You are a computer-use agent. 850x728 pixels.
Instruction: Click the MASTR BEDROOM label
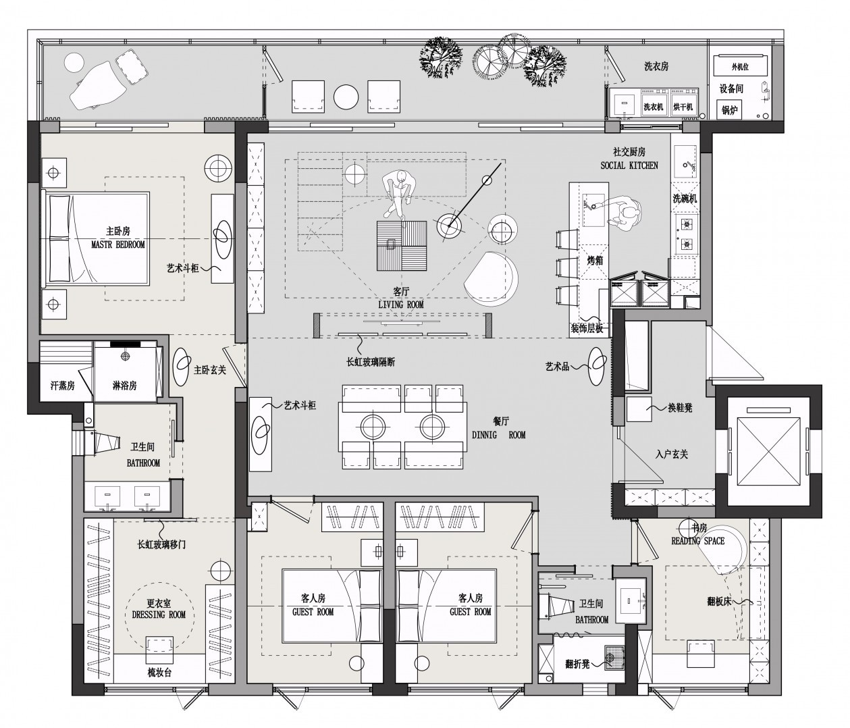(118, 244)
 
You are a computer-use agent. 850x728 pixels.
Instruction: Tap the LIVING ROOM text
(400, 305)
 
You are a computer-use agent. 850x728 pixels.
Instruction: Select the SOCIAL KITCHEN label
(629, 165)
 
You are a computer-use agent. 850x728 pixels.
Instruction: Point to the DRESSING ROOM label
(159, 615)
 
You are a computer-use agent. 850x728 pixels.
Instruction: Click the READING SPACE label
(698, 541)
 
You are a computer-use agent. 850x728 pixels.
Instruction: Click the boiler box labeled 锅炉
(730, 110)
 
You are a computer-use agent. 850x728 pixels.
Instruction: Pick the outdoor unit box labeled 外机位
(740, 66)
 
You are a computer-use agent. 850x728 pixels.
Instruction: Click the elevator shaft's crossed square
(769, 451)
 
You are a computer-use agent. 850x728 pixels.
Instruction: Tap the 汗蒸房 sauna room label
(63, 386)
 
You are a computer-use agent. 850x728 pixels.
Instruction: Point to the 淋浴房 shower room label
(124, 386)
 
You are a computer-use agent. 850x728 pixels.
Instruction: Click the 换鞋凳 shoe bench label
(680, 408)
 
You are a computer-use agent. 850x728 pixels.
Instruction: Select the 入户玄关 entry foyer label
(672, 454)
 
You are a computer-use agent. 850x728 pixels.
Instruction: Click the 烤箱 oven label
(595, 260)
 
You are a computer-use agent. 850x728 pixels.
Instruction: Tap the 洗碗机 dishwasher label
(685, 199)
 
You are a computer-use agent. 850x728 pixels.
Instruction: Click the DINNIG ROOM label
(498, 435)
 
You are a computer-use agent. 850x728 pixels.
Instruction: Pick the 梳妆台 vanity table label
(159, 673)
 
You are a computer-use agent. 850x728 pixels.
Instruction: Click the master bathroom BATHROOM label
(143, 463)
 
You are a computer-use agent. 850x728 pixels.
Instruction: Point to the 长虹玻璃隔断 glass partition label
(371, 362)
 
